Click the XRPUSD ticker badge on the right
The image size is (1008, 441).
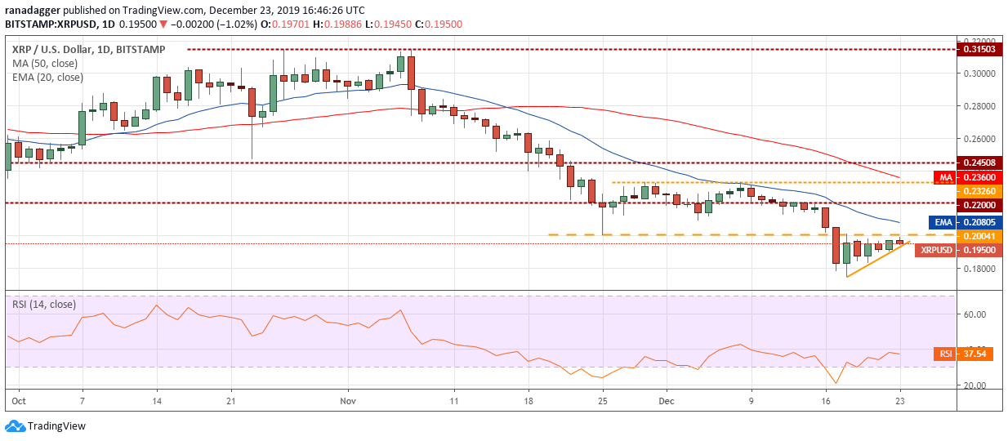[x=934, y=250]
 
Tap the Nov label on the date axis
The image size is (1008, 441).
[x=348, y=402]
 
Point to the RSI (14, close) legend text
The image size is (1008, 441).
[x=44, y=304]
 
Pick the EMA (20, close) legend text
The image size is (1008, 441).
[x=47, y=78]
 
